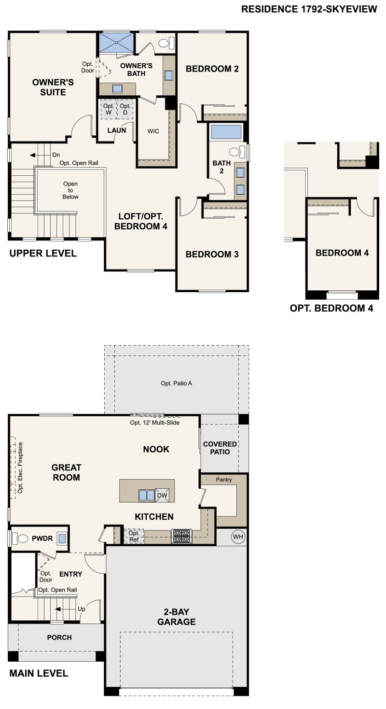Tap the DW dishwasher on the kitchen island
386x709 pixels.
[x=162, y=495]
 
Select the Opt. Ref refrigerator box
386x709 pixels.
[x=134, y=536]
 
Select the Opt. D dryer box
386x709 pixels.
[x=125, y=109]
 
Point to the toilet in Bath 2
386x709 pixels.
[x=235, y=152]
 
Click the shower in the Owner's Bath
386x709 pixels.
[x=116, y=43]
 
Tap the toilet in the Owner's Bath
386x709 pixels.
[x=165, y=43]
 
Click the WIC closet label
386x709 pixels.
[x=153, y=131]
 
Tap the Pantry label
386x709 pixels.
[x=224, y=480]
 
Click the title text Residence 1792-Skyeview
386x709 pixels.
[x=309, y=9]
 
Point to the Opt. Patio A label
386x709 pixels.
[x=177, y=383]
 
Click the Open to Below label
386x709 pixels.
[x=70, y=190]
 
